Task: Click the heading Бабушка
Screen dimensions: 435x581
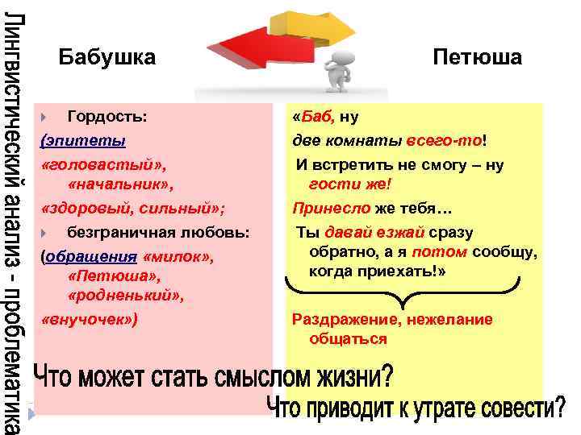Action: (x=107, y=58)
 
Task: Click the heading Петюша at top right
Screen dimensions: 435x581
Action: (x=477, y=58)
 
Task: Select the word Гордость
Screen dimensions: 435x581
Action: (x=107, y=117)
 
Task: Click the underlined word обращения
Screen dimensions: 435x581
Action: (x=91, y=257)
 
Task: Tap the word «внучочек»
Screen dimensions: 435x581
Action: (x=89, y=319)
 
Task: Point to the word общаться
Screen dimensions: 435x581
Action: (x=348, y=339)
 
